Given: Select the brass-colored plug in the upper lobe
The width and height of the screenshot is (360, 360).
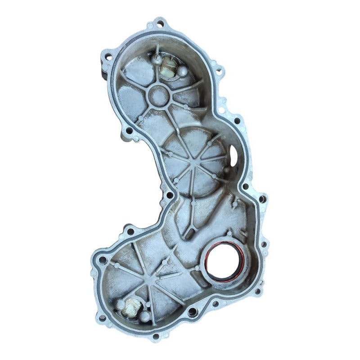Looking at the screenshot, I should pos(167,67).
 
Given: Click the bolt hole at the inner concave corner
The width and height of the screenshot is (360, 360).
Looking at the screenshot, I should pos(169,195).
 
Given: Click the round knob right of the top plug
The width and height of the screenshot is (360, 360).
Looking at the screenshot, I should pos(184,72).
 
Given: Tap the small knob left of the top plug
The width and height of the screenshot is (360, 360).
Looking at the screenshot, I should pos(156,58).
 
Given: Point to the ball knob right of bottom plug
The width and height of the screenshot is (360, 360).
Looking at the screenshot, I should pos(145,316).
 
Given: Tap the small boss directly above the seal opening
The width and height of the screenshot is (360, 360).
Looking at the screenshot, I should pos(229,234).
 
